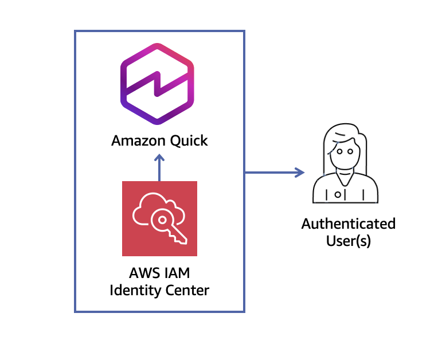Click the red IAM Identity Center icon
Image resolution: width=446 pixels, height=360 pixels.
(159, 218)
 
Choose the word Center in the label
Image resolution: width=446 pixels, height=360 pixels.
(185, 289)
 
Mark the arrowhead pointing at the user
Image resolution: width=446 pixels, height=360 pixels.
(299, 172)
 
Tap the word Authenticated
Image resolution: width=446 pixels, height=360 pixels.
(349, 223)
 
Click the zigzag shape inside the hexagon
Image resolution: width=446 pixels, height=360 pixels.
(158, 84)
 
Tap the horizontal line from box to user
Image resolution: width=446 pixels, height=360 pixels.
(269, 172)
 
